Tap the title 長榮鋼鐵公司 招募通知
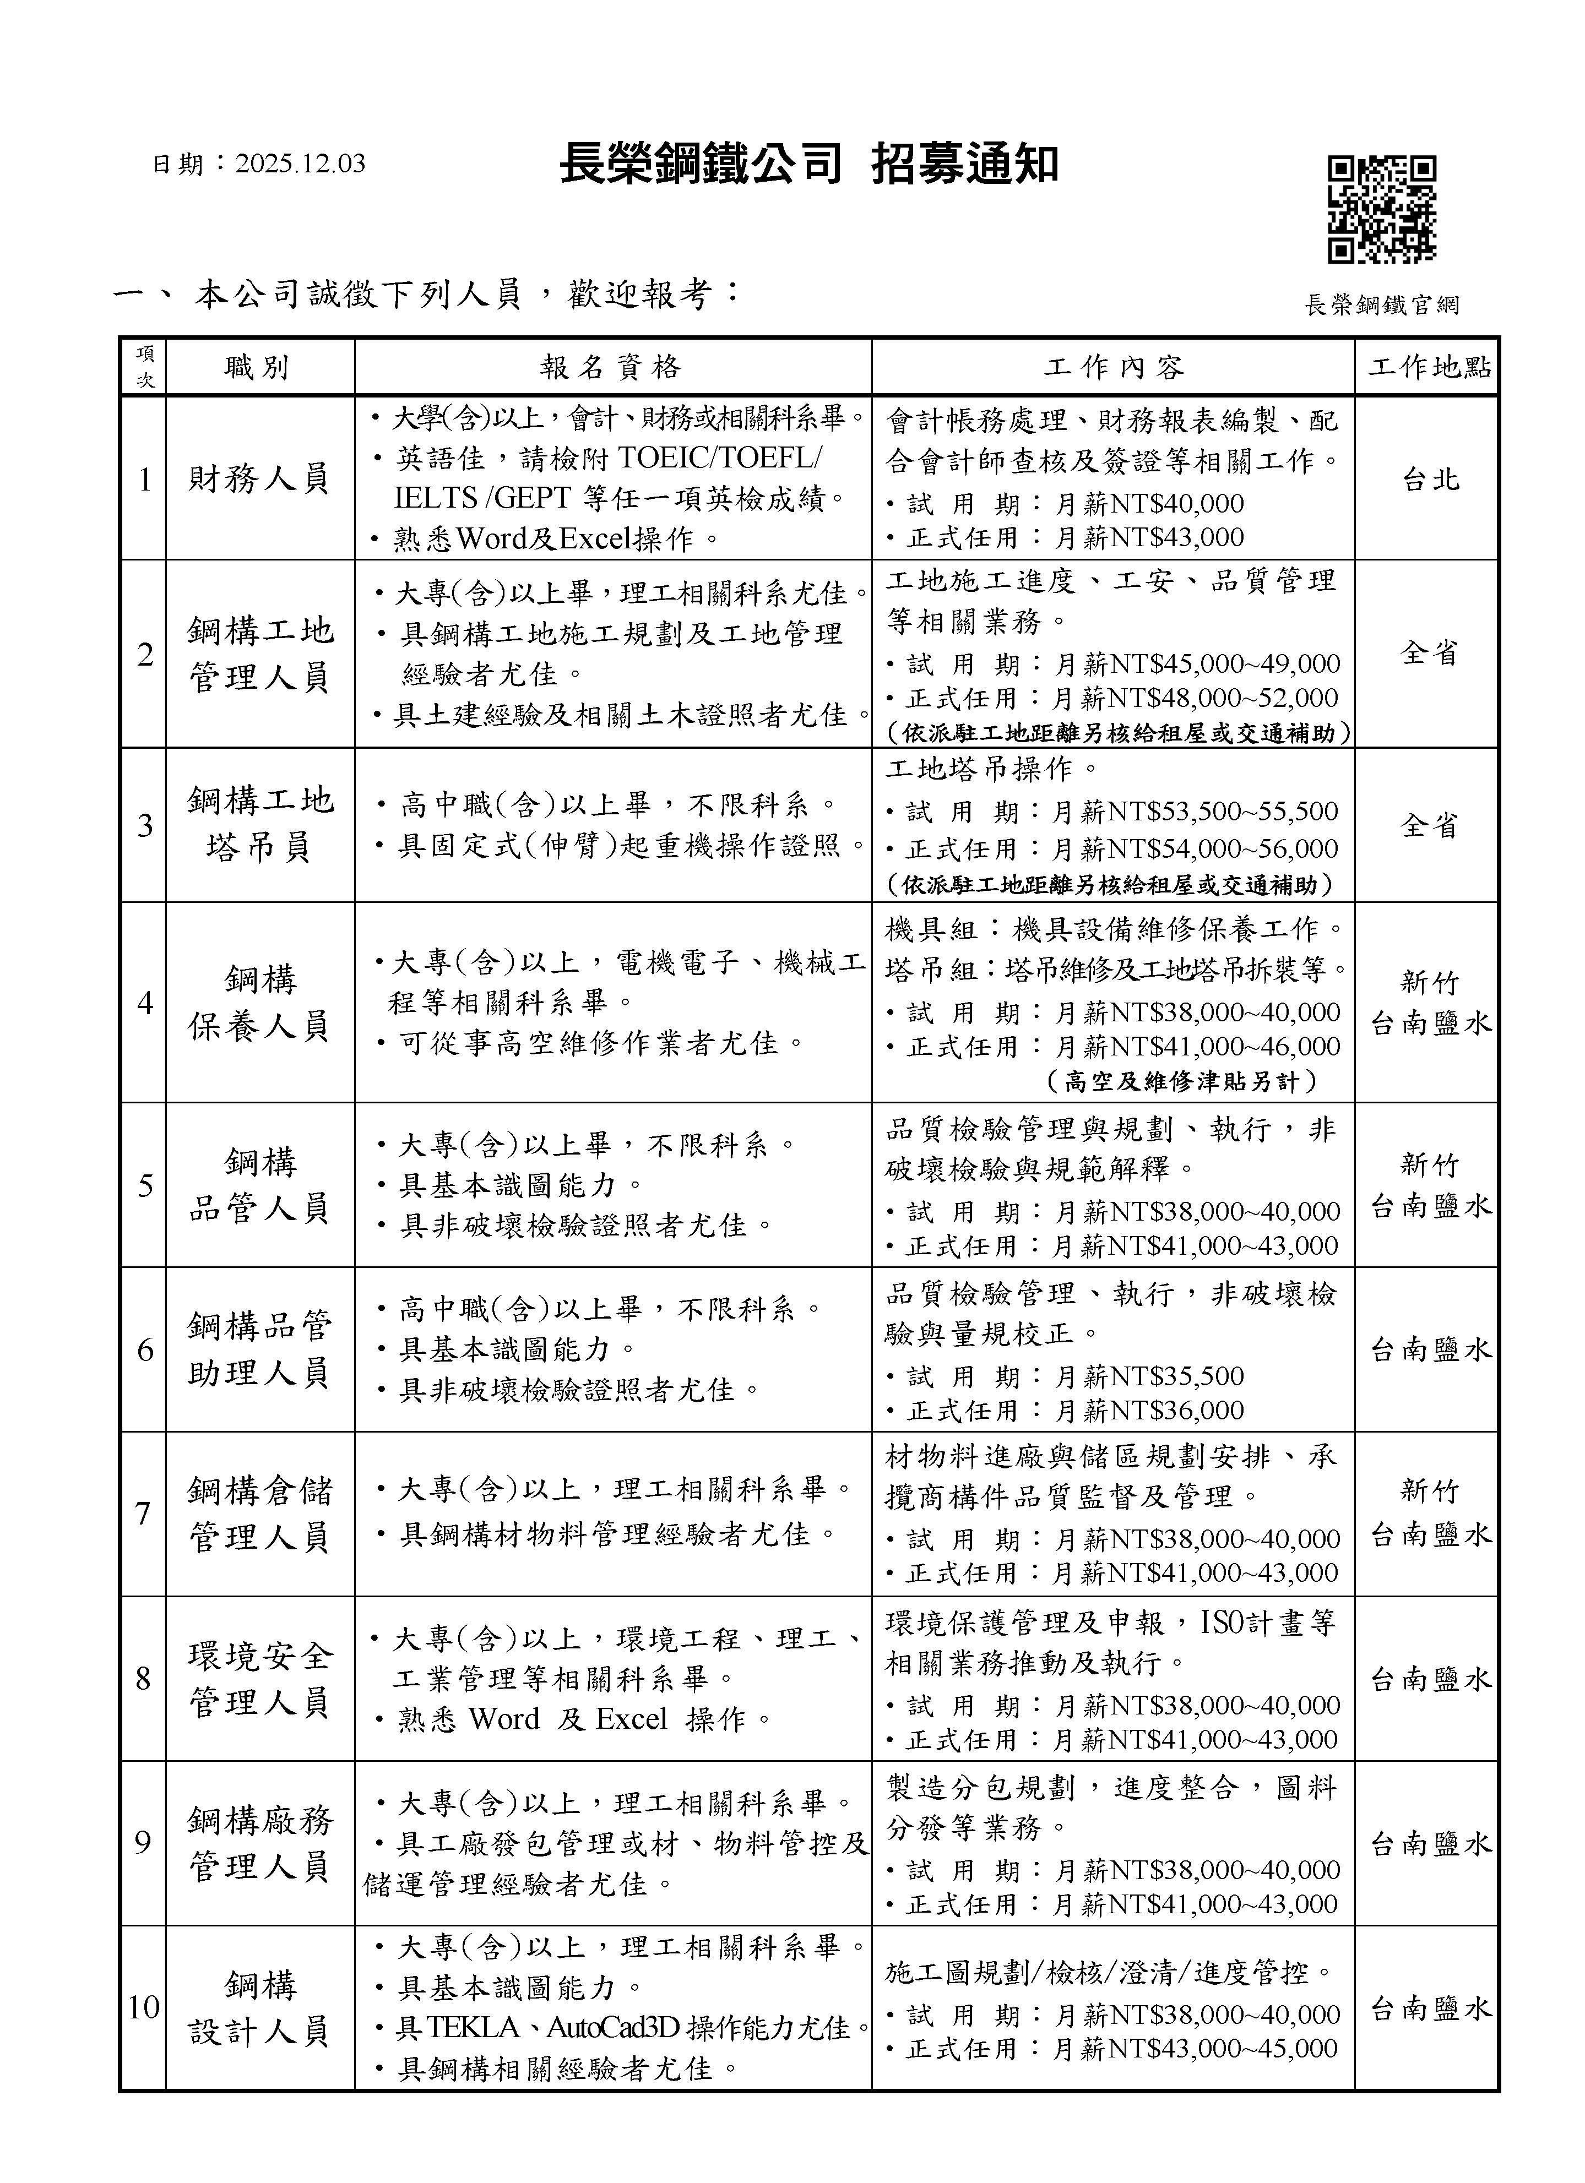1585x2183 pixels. point(809,166)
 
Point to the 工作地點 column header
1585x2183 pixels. point(1428,367)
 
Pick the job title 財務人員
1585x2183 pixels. point(259,478)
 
